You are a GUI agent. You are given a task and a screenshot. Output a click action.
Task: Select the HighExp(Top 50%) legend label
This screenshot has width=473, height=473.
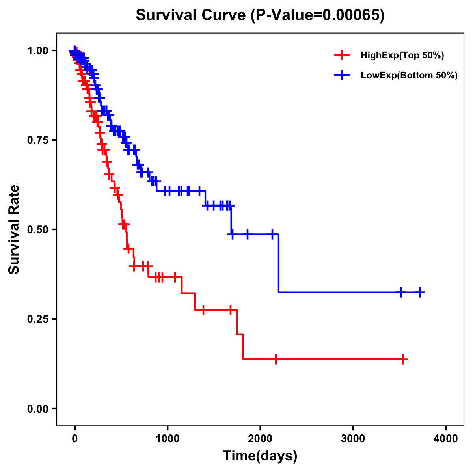point(402,56)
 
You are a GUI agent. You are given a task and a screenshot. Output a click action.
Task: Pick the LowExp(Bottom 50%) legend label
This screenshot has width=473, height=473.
point(409,76)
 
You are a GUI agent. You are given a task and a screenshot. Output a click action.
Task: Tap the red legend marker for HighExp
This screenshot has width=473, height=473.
point(342,56)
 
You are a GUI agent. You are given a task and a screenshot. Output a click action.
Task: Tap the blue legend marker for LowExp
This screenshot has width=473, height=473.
point(342,76)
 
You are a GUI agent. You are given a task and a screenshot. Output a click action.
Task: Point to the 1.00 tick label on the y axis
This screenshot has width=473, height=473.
point(37,50)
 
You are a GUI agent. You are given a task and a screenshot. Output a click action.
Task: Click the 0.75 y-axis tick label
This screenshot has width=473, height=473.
point(37,140)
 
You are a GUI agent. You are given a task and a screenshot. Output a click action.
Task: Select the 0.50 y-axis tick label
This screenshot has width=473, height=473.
point(37,229)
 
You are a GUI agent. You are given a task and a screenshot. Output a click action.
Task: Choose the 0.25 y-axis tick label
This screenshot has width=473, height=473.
point(37,319)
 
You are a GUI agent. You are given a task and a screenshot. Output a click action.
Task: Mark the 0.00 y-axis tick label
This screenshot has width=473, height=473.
point(37,408)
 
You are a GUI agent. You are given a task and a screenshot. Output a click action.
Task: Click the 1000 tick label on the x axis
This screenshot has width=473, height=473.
point(168,438)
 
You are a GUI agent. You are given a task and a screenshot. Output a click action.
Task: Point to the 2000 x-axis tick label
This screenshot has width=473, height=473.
point(260,438)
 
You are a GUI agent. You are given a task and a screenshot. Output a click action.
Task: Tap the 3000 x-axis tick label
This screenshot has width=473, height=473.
point(353,438)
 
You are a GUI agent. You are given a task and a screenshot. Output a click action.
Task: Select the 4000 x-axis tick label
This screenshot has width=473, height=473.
point(446,438)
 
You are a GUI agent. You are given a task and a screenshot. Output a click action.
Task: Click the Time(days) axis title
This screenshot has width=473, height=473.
point(260,456)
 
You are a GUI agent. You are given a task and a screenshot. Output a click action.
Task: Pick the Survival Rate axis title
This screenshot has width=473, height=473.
point(14,229)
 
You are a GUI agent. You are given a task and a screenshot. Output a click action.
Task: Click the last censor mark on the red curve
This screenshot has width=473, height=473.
point(403,359)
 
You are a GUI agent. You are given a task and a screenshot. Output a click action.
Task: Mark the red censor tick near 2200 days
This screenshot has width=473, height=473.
point(276,359)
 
